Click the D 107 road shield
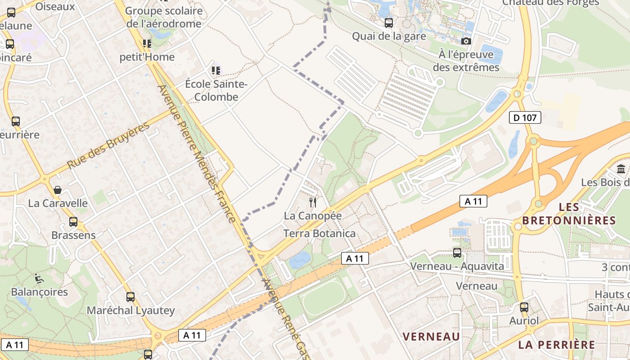tap(525, 118)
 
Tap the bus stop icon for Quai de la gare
tap(389, 22)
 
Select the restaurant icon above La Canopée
tap(313, 202)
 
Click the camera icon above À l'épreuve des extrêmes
tap(466, 41)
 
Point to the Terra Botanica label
tap(319, 233)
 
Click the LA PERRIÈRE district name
tap(556, 345)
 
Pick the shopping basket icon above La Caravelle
tap(58, 190)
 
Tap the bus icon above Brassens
tap(73, 222)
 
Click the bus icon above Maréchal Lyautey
tap(130, 297)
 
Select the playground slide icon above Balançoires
tap(39, 279)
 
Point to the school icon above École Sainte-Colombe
tap(216, 70)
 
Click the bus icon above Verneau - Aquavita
tap(457, 253)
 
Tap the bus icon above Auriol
tap(524, 307)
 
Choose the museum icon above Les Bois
tap(621, 169)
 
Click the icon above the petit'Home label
tap(147, 44)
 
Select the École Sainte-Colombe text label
tap(216, 90)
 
